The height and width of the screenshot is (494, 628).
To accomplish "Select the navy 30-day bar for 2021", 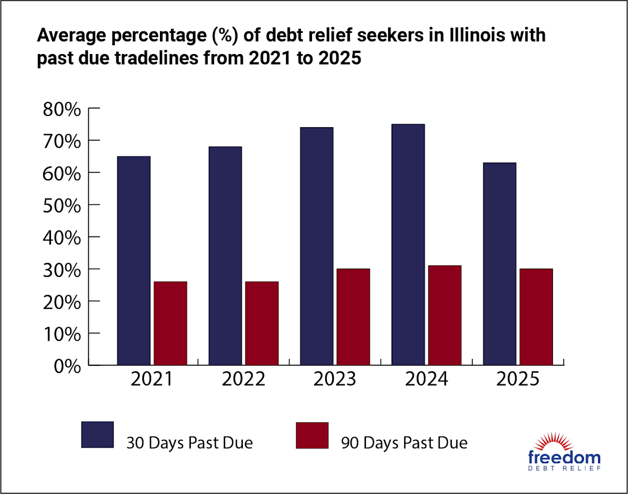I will tap(133, 260).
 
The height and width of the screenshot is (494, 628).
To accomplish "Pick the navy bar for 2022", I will tap(225, 255).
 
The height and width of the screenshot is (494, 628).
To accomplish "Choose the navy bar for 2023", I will tap(316, 246).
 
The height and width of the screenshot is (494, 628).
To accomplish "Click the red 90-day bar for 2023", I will tap(353, 317).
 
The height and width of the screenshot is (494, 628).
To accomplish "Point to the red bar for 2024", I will tap(445, 315).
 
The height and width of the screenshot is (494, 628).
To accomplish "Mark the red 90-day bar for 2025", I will tap(536, 317).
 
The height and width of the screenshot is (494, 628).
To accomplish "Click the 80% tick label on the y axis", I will tap(62, 109).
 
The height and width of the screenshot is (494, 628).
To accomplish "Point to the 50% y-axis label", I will tap(62, 205).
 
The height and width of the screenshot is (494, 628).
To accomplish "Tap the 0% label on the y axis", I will tap(67, 366).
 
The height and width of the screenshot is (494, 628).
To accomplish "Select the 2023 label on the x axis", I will tap(335, 380).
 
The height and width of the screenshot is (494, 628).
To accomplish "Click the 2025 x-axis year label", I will tap(518, 380).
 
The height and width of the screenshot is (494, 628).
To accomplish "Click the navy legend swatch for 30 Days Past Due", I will tap(97, 435).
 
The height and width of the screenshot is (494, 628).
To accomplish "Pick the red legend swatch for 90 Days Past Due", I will tap(312, 435).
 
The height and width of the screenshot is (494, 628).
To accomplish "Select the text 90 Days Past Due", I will tap(404, 443).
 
